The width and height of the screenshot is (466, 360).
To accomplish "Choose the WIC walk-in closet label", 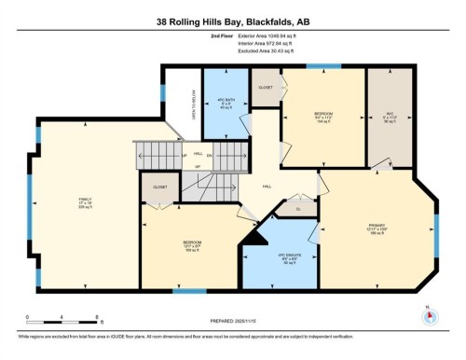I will click(x=391, y=118).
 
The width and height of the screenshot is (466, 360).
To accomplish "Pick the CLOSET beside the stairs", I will click(x=159, y=186).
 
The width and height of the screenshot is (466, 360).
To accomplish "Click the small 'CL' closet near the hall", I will click(x=299, y=209).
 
